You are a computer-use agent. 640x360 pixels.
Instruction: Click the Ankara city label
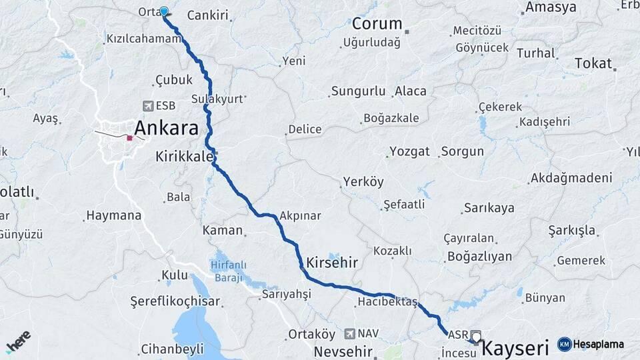[x=167, y=127]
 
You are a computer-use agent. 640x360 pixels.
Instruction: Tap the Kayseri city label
[x=514, y=347]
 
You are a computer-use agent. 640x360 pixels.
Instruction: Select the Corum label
[x=377, y=25]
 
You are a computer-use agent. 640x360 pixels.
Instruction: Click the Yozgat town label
[x=409, y=151]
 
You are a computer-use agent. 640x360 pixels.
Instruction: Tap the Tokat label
[x=593, y=63]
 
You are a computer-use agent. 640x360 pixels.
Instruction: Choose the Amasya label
[x=551, y=7]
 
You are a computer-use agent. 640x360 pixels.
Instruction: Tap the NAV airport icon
[x=350, y=333]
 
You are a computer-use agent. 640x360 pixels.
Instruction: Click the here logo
[x=18, y=341]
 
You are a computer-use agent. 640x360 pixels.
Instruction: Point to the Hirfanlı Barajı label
[x=229, y=270]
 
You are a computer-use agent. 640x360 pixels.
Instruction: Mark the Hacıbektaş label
[x=387, y=302]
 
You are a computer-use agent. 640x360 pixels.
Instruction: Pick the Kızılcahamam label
[x=143, y=39]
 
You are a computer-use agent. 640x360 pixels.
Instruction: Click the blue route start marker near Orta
[x=164, y=11]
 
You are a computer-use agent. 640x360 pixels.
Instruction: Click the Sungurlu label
[x=358, y=91]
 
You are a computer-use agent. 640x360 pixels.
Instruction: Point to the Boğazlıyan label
[x=479, y=256]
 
